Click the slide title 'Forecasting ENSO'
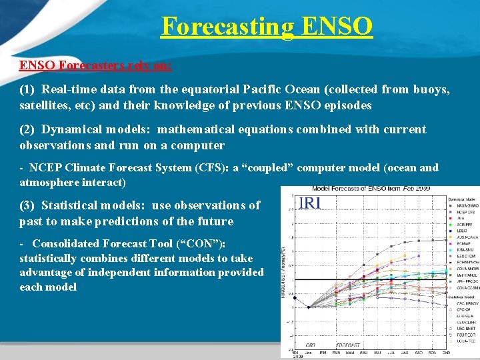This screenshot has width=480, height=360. pos(267,27)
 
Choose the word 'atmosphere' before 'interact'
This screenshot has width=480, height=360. pos(50,182)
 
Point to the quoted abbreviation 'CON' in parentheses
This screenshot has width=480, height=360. pos(200,244)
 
